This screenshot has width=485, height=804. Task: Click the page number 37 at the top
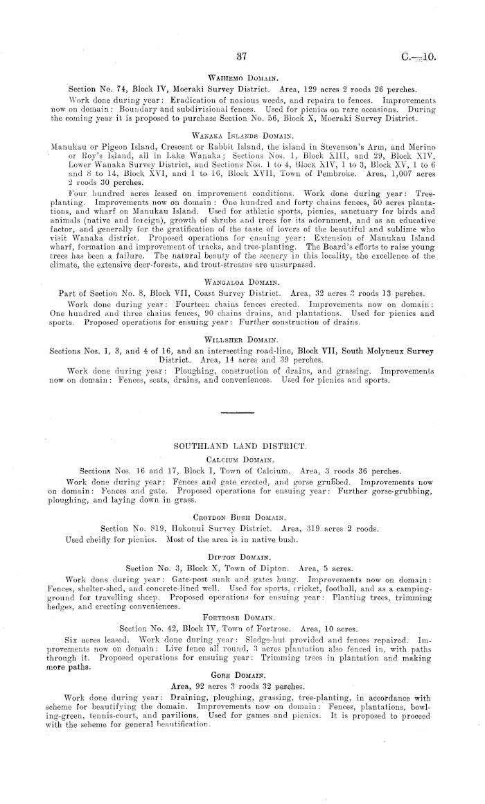(242, 55)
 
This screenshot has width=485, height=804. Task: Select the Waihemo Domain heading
(242, 79)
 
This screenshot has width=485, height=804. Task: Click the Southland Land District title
(242, 444)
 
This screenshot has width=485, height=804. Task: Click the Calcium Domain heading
(242, 458)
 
